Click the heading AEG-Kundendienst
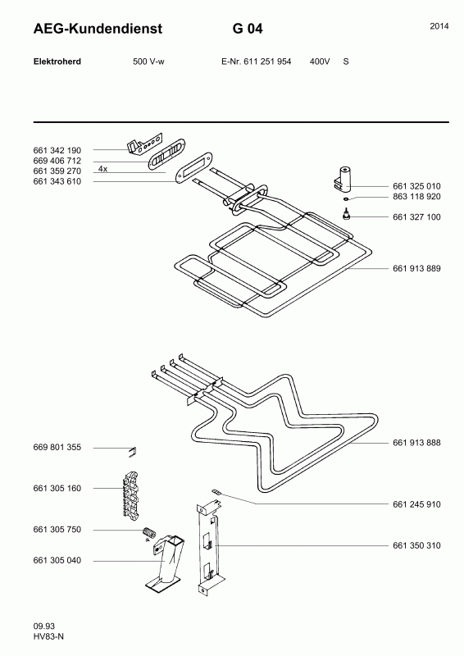[x=98, y=29]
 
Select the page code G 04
[x=248, y=29]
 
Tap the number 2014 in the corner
[x=439, y=26]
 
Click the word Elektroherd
[x=57, y=61]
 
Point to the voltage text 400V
[x=320, y=61]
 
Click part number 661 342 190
[x=57, y=150]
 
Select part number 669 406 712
[x=57, y=161]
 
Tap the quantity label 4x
[x=103, y=169]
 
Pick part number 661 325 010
[x=416, y=186]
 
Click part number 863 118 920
[x=416, y=197]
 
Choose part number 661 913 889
[x=416, y=269]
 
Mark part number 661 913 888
[x=416, y=443]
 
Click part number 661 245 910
[x=416, y=504]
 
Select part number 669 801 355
[x=57, y=447]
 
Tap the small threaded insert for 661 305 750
[x=149, y=532]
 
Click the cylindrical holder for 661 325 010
[x=344, y=179]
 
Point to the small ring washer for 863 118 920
[x=346, y=199]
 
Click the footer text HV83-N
[x=48, y=637]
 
